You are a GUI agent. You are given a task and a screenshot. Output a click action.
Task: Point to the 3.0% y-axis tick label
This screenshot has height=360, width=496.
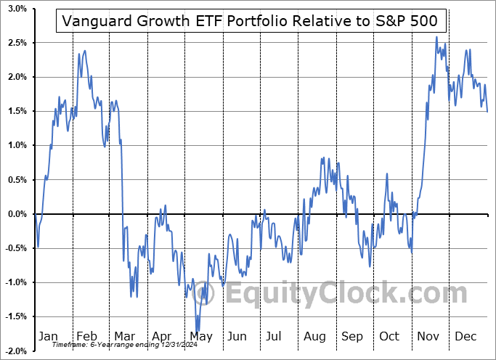click(17, 9)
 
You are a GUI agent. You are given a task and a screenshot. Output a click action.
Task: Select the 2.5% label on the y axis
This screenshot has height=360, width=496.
click(17, 43)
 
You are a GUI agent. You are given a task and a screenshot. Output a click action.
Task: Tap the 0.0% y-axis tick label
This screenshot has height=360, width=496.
click(17, 214)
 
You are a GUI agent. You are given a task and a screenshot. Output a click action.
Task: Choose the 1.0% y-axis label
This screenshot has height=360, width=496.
click(17, 145)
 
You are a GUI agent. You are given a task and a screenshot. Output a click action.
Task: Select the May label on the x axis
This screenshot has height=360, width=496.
click(200, 337)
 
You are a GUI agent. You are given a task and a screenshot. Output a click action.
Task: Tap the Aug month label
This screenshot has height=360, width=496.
click(315, 337)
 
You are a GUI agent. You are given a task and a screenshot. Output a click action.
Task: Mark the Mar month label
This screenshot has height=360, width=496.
click(124, 337)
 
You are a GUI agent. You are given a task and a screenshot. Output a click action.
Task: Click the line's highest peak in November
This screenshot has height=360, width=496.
click(436, 37)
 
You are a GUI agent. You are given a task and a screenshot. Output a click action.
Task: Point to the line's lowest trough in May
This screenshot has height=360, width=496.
click(197, 331)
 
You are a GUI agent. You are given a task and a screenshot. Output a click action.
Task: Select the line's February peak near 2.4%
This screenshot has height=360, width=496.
click(85, 51)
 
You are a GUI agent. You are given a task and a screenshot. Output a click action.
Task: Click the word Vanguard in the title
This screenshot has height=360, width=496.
click(94, 21)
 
